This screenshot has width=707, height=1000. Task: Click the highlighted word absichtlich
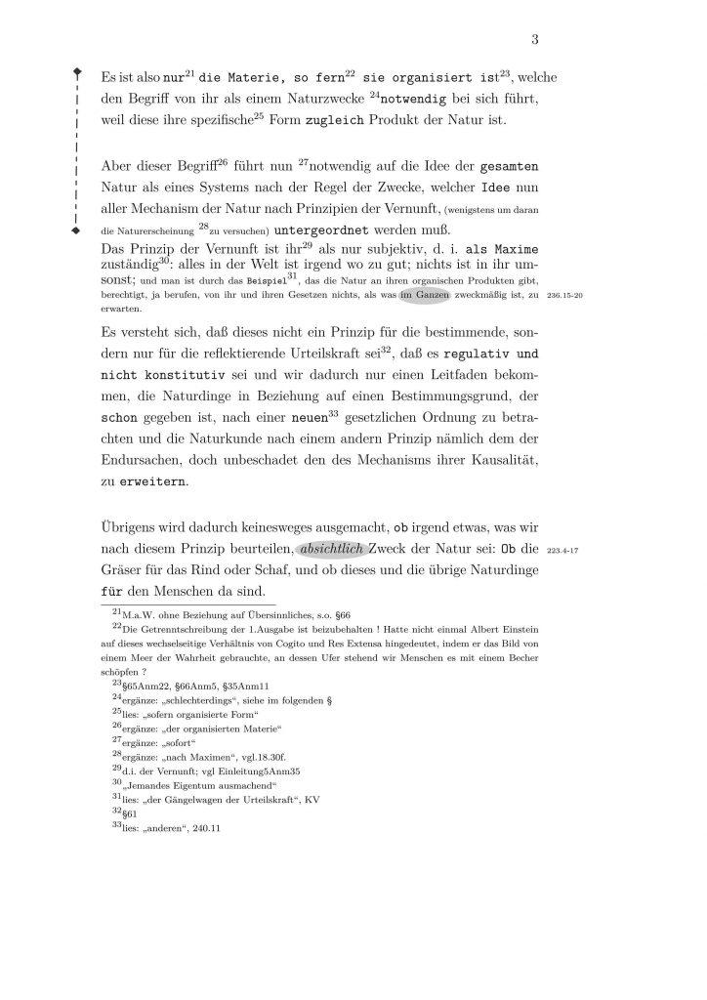tap(330, 549)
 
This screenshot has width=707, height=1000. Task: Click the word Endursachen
tap(143, 459)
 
